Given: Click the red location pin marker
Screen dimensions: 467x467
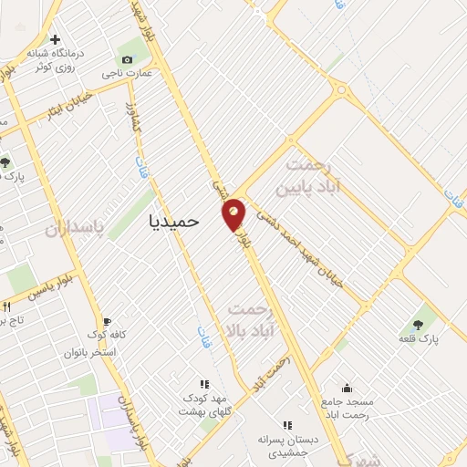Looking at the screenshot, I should coord(233,213).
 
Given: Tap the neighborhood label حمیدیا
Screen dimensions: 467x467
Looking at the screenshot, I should coord(172,220).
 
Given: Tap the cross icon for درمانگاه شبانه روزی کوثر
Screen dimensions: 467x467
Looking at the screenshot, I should coord(56,40).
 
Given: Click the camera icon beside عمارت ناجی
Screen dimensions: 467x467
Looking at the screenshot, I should coord(126,59).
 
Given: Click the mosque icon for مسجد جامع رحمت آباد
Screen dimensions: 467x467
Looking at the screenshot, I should coord(346,387).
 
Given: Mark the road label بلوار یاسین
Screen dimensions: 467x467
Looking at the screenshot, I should coord(46,293).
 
